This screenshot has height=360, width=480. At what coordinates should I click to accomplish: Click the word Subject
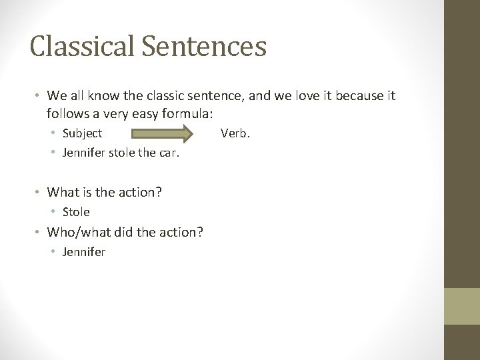pyautogui.click(x=82, y=133)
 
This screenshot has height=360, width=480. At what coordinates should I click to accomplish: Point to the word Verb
pyautogui.click(x=235, y=133)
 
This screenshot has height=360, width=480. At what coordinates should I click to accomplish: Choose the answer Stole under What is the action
pyautogui.click(x=76, y=212)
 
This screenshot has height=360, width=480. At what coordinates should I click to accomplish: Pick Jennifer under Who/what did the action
pyautogui.click(x=84, y=252)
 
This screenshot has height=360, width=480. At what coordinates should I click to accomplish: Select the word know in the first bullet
pyautogui.click(x=107, y=97)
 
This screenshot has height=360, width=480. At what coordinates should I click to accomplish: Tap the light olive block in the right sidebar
pyautogui.click(x=462, y=307)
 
